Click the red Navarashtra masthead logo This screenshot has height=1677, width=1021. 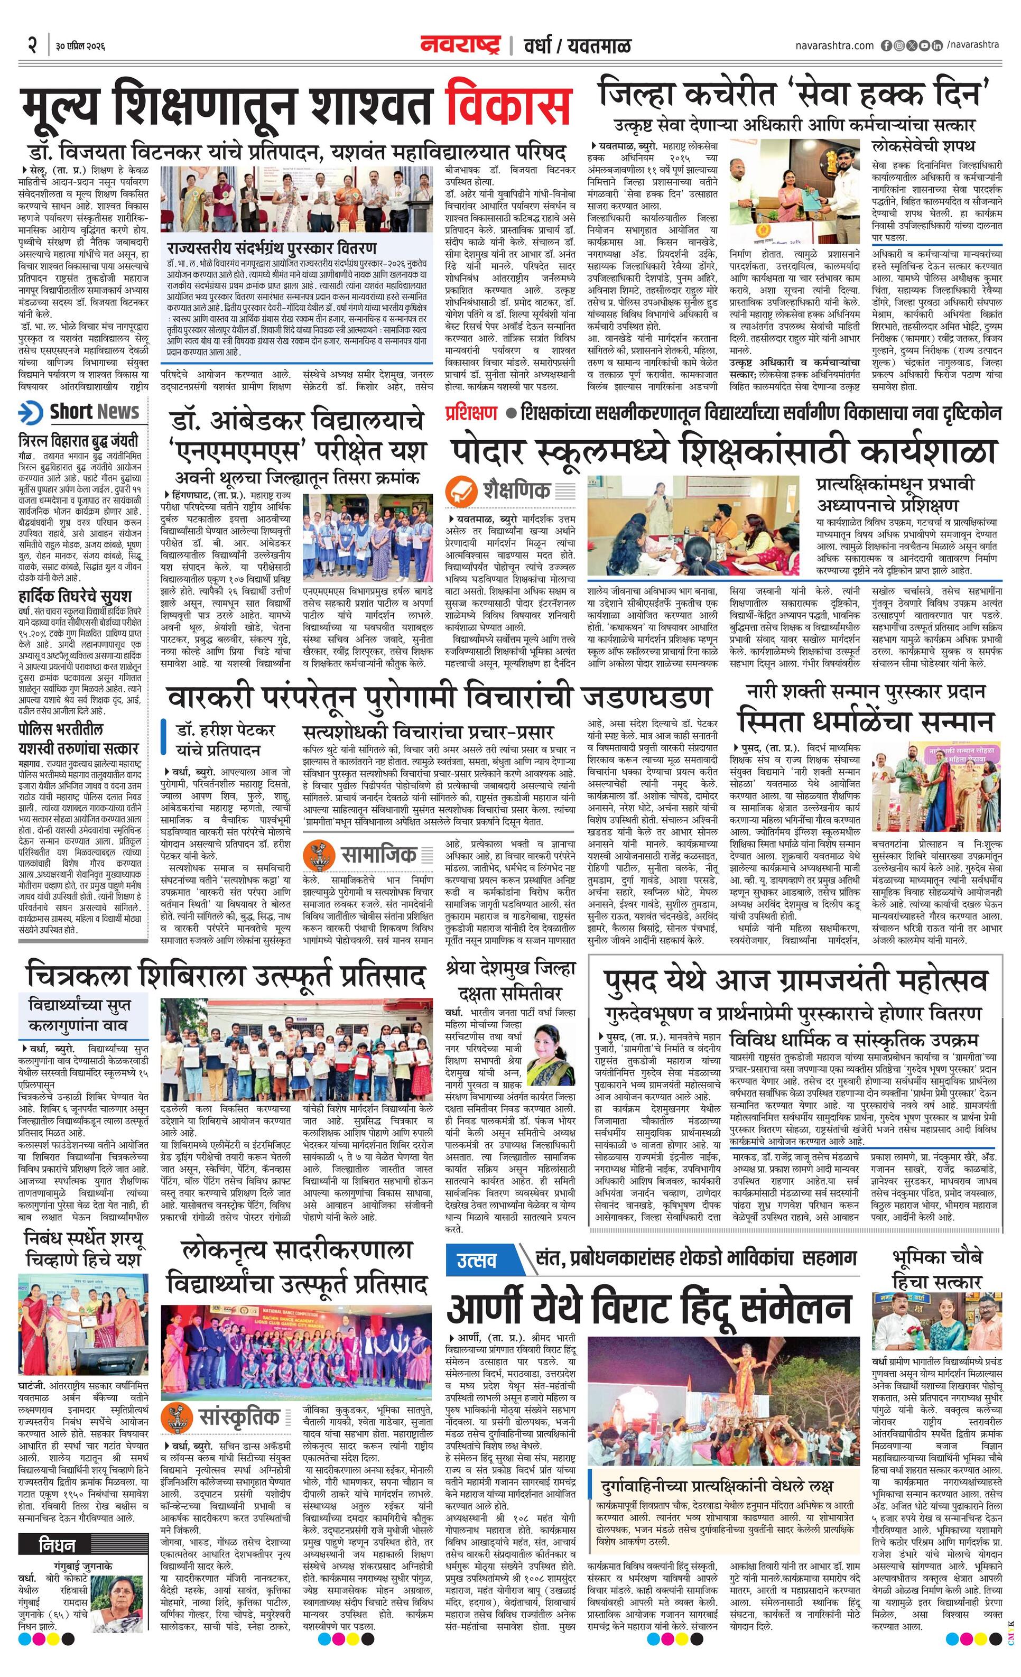[461, 45]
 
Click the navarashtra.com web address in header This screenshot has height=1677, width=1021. [834, 45]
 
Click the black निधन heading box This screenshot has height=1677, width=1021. [57, 1524]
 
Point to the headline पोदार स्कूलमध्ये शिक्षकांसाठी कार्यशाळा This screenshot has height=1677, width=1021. [722, 451]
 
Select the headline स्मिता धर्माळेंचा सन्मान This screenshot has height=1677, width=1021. [866, 721]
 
